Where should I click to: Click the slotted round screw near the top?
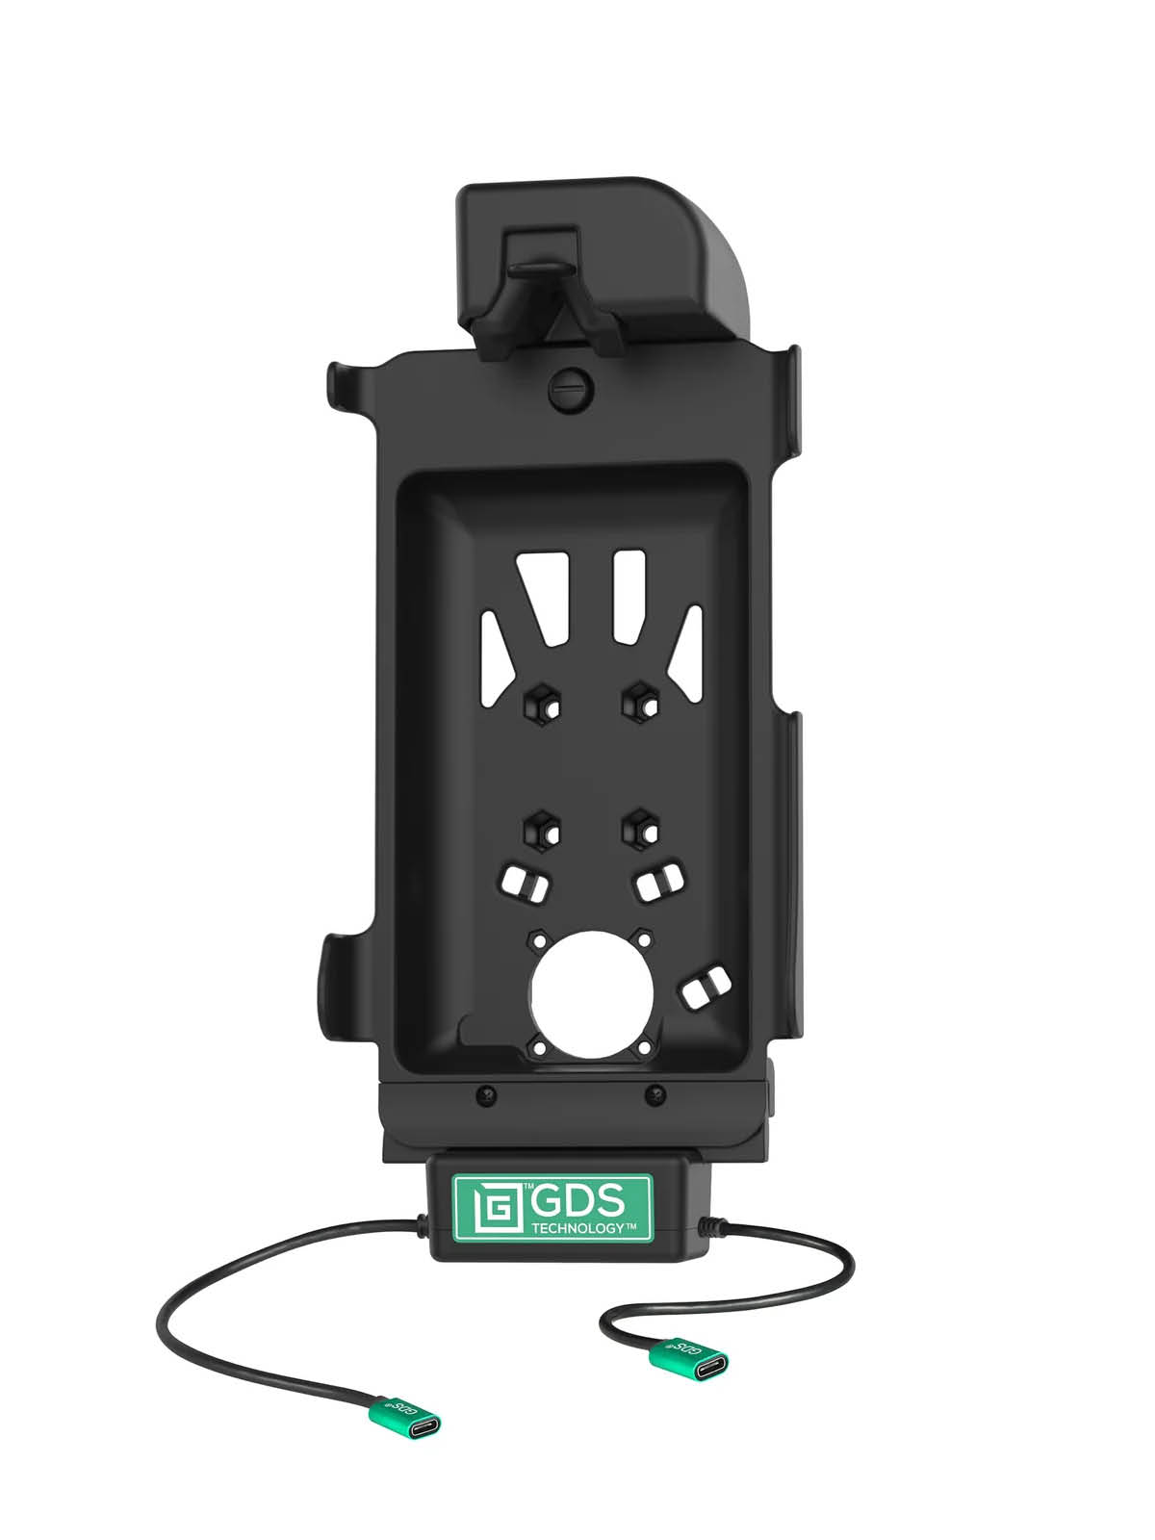pyautogui.click(x=573, y=387)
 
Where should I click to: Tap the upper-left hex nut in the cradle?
pyautogui.click(x=541, y=702)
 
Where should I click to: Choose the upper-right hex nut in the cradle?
pyautogui.click(x=639, y=700)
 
